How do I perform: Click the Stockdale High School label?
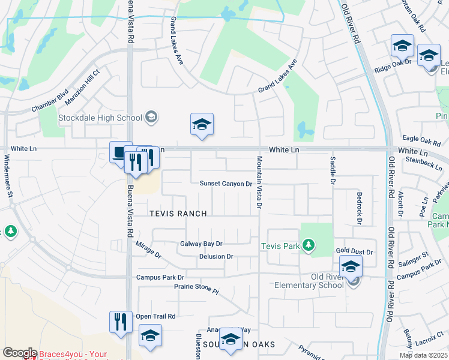(x=100, y=118)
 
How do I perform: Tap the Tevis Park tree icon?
(x=309, y=245)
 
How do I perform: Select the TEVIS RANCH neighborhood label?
(x=178, y=214)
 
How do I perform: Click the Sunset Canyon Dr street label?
(x=226, y=184)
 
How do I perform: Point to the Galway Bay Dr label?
(x=202, y=244)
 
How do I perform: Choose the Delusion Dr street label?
(x=216, y=257)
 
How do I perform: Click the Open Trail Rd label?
(x=155, y=316)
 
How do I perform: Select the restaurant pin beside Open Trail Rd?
(x=121, y=322)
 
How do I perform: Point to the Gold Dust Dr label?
(x=354, y=253)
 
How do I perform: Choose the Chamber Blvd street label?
(x=51, y=104)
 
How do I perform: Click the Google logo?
(x=19, y=353)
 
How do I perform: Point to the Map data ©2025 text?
(x=423, y=355)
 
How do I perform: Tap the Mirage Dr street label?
(x=149, y=250)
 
